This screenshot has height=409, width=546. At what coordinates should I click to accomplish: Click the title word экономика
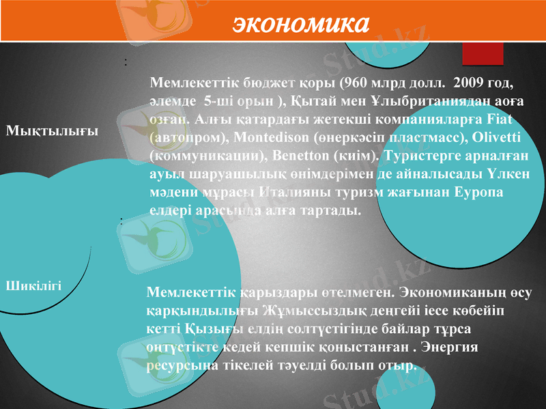(x=301, y=23)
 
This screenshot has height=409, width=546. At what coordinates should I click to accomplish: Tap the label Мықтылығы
(x=52, y=130)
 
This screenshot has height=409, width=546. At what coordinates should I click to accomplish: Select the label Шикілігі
(x=34, y=285)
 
